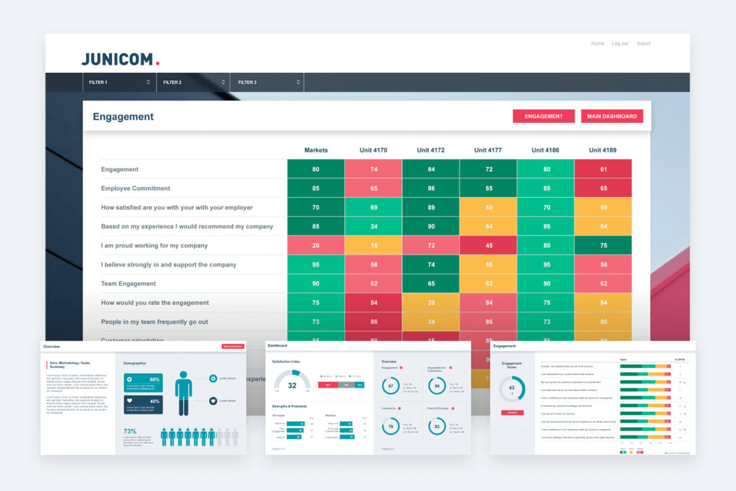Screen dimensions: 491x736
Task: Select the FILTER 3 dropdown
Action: tap(267, 82)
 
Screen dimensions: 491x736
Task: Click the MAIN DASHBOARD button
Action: tap(612, 116)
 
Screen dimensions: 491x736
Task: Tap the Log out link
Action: tap(619, 43)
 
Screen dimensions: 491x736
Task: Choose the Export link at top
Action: tap(643, 43)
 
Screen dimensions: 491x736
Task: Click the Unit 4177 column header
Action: tap(488, 150)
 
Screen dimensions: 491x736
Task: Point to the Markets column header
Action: tap(316, 150)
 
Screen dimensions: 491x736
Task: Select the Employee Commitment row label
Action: tap(135, 188)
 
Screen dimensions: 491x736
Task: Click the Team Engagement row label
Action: tap(128, 283)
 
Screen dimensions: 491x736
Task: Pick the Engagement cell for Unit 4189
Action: tap(603, 169)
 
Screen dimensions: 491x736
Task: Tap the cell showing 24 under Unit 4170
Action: tap(374, 226)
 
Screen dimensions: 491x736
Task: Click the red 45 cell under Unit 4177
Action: tap(489, 245)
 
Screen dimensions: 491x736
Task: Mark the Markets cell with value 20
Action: tap(316, 245)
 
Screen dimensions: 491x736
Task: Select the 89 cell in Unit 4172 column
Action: tap(431, 207)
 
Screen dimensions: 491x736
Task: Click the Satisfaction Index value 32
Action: tap(292, 386)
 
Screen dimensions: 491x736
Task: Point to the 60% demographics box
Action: tap(143, 383)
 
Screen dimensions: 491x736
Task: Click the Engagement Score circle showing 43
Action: tap(512, 388)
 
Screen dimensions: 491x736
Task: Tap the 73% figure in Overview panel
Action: tap(130, 431)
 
